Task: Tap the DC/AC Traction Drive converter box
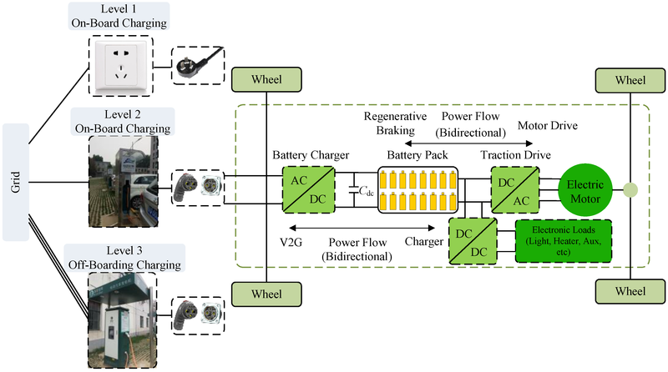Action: tap(512, 191)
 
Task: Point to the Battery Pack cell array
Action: tap(418, 191)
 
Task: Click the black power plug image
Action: tap(198, 63)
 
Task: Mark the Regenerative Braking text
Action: tap(395, 124)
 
